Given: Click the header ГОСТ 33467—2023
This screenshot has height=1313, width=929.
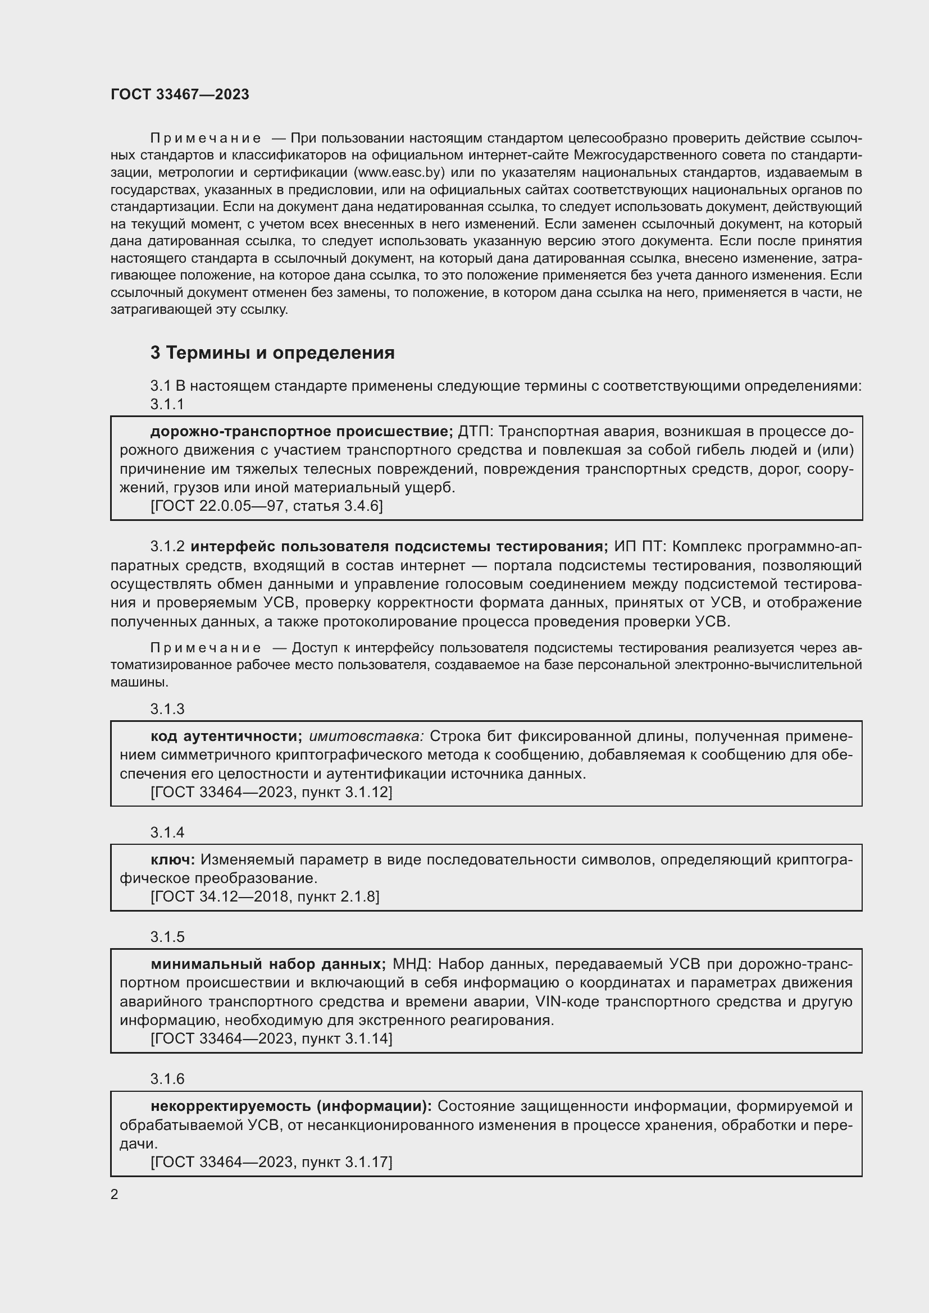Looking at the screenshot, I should click(x=180, y=94).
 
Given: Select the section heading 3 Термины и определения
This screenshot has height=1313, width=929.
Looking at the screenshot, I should click(x=272, y=353).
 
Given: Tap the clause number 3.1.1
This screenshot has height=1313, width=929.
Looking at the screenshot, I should click(x=167, y=404).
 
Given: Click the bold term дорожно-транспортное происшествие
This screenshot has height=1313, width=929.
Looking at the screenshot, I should click(x=301, y=431).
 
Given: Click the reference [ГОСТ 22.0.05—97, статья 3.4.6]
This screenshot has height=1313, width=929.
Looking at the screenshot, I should click(x=267, y=506).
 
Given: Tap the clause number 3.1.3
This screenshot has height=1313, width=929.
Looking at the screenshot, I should click(x=167, y=709).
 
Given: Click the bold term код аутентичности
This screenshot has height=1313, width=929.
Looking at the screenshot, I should click(x=226, y=736).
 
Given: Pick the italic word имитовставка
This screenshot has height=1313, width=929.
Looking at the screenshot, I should click(x=367, y=736).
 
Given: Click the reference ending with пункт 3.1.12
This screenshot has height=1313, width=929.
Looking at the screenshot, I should click(x=271, y=792).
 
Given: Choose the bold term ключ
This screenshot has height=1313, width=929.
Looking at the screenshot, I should click(x=173, y=859).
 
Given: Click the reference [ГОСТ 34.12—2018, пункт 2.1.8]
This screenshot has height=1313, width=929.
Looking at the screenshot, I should click(x=265, y=896).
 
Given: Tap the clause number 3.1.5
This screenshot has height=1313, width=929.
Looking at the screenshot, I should click(x=167, y=937).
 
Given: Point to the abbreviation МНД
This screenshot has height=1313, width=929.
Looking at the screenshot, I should click(x=412, y=964).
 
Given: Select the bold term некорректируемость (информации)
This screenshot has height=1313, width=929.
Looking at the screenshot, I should click(x=290, y=1106).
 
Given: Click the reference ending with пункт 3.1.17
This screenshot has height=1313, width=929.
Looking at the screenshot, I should click(x=271, y=1162).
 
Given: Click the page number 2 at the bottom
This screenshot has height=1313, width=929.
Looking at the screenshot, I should click(x=115, y=1194).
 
